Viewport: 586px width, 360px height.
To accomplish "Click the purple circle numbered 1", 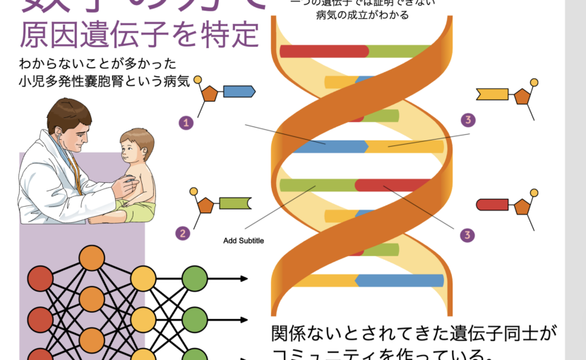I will tap(186, 123).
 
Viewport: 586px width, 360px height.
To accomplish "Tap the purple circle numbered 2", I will tap(183, 233).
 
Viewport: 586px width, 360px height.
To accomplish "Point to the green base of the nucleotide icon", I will tap(235, 203).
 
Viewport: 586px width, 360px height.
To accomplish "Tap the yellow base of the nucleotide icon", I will tap(492, 93).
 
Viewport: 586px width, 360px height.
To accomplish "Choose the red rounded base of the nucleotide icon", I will tap(493, 205).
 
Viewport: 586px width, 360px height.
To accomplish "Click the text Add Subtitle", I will tap(243, 241).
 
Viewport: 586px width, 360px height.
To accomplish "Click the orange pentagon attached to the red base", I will tap(522, 206).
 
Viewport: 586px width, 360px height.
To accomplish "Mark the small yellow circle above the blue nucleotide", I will tap(198, 78).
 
